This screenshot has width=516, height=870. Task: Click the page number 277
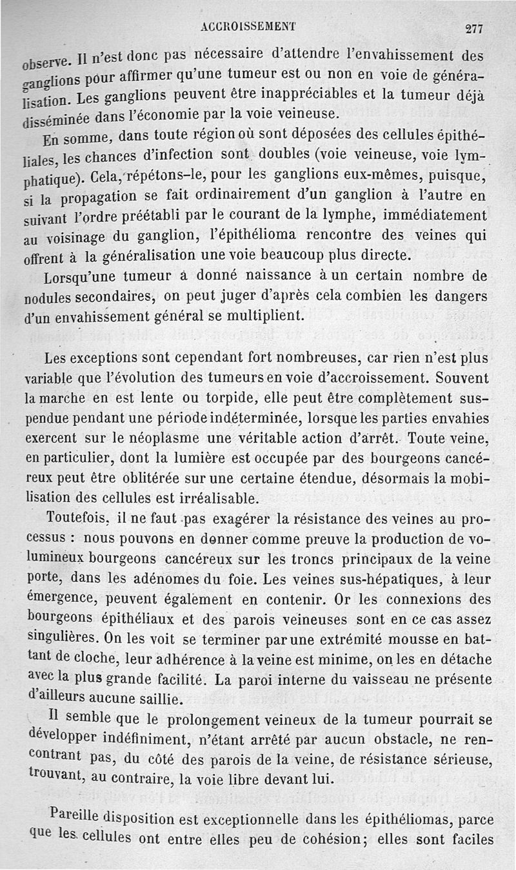pos(474,28)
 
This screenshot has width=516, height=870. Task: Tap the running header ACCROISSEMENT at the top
pos(248,26)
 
